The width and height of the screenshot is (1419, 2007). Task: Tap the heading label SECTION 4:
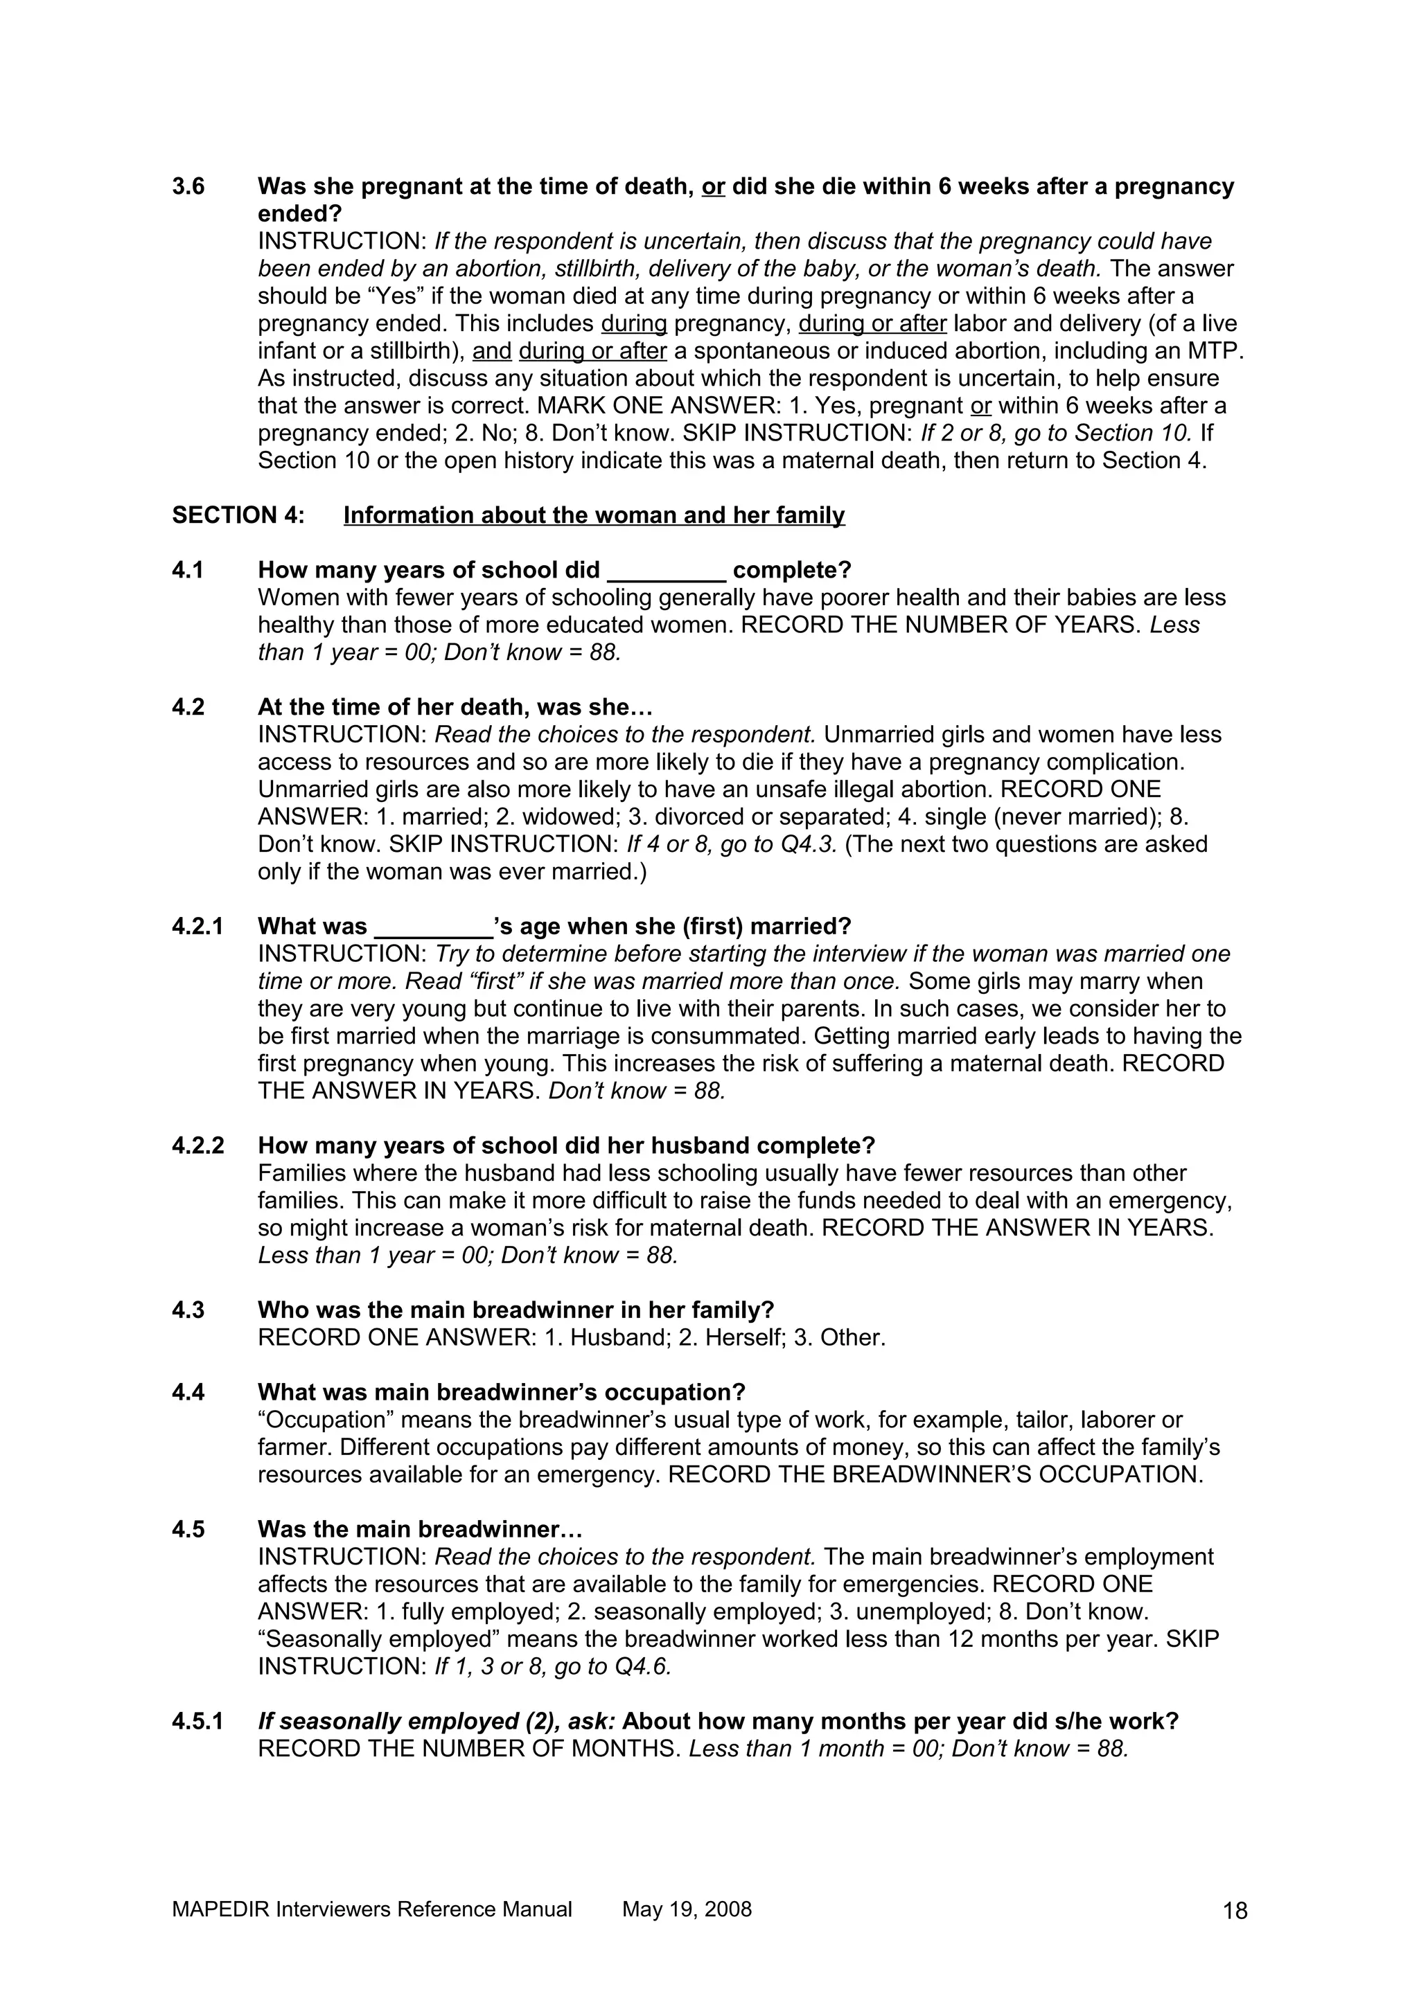[x=238, y=516]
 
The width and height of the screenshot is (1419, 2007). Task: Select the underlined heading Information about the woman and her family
[x=594, y=516]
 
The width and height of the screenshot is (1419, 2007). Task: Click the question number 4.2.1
[x=197, y=926]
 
